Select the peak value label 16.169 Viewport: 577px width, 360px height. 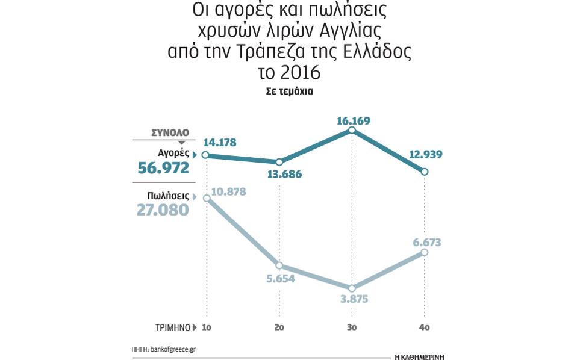click(x=353, y=121)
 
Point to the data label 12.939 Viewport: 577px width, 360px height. click(x=425, y=155)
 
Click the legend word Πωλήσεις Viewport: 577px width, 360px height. click(x=168, y=196)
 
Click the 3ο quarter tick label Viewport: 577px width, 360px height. click(x=353, y=328)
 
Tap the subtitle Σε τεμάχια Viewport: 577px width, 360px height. click(x=289, y=92)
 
